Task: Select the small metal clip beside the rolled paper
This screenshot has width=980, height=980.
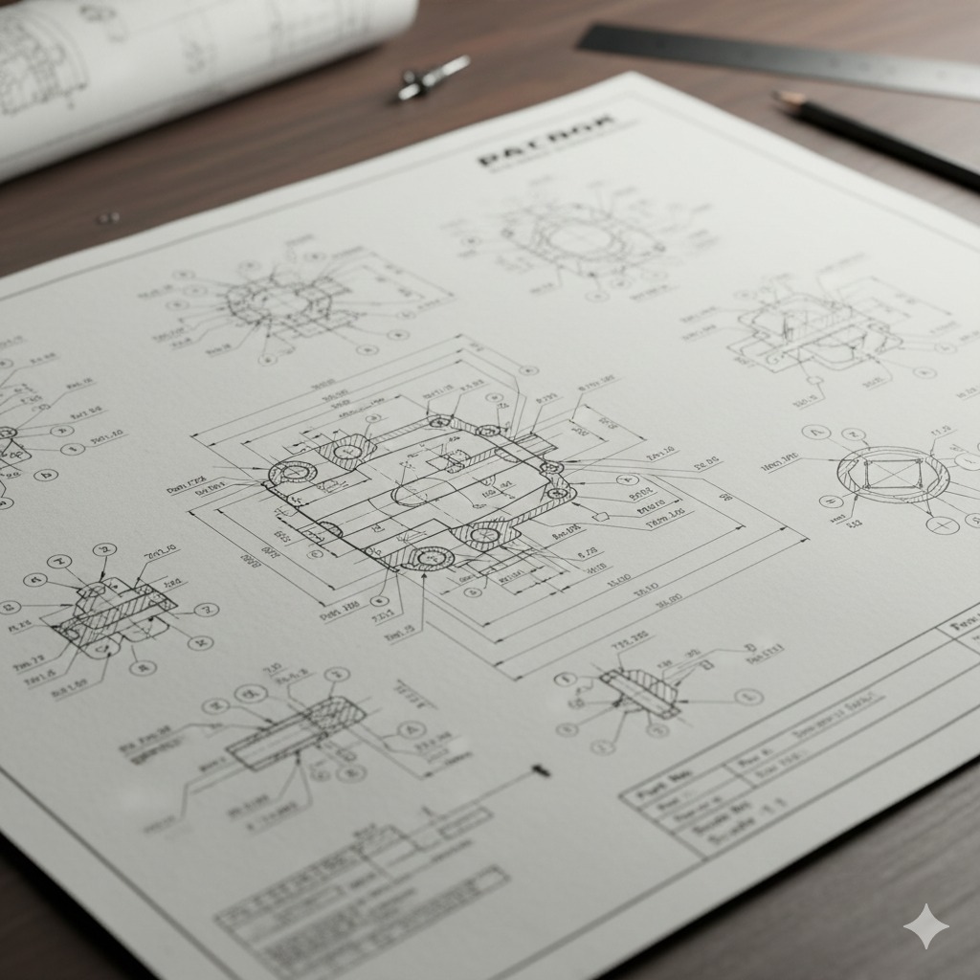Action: (x=433, y=78)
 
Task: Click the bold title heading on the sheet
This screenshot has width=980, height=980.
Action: (x=546, y=144)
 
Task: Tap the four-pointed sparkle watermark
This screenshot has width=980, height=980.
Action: (x=925, y=925)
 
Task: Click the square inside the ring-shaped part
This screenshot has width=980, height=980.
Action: (x=892, y=474)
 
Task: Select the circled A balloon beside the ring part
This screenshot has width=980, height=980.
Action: (x=814, y=434)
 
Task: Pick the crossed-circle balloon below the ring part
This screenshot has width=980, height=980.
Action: (x=944, y=525)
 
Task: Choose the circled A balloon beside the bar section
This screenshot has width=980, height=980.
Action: (x=410, y=730)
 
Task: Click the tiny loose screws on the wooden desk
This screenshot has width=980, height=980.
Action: (x=108, y=218)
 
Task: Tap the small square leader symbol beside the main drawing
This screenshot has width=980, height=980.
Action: (x=602, y=517)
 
